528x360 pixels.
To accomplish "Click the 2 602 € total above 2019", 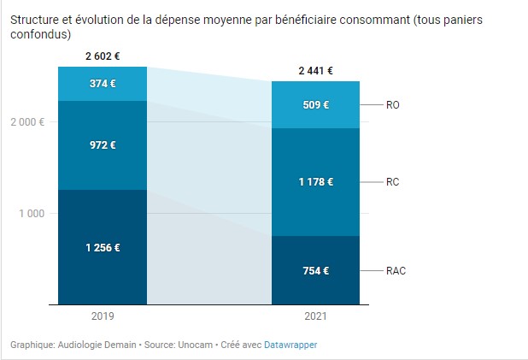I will coord(102,56).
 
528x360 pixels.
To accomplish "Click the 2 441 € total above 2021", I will coord(315,71).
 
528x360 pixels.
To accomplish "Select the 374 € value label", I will coord(102,84).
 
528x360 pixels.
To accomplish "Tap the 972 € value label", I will coord(102,145).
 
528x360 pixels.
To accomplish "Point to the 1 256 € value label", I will coord(102,248).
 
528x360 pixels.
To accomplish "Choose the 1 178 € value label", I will coord(315,182).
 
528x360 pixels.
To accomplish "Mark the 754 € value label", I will coord(315,271).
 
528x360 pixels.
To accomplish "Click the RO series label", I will coord(393,105).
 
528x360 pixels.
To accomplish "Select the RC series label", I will coord(393,182).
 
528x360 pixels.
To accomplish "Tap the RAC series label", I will coord(396,271).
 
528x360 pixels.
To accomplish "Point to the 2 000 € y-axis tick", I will coord(28,122).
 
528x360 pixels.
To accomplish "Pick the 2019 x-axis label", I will coord(102,316).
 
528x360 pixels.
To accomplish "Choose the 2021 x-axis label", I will coord(315,316).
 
